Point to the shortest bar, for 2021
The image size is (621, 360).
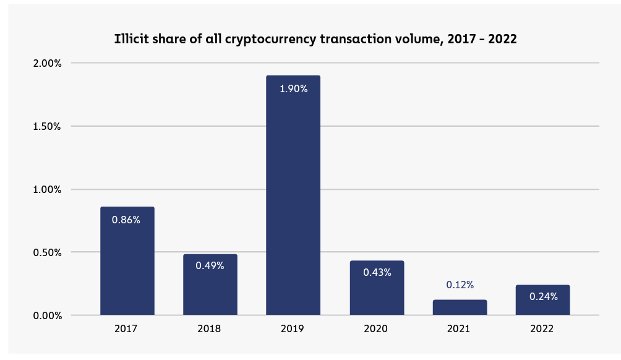pyautogui.click(x=460, y=307)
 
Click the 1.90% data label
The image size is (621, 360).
pyautogui.click(x=293, y=88)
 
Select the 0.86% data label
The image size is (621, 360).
pyautogui.click(x=126, y=220)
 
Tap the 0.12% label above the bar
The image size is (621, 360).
pyautogui.click(x=460, y=285)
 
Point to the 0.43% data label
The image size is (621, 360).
pyautogui.click(x=377, y=272)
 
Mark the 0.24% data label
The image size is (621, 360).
pyautogui.click(x=543, y=296)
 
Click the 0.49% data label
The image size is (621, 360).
pyautogui.click(x=210, y=265)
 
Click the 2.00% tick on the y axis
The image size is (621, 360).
pyautogui.click(x=48, y=63)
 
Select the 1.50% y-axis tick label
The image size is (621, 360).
pyautogui.click(x=48, y=126)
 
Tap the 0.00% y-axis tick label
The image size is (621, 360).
pyautogui.click(x=48, y=315)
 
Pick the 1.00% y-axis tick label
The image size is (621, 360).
pyautogui.click(x=48, y=189)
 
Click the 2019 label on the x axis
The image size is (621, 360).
pyautogui.click(x=293, y=329)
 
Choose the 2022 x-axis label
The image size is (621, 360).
pyautogui.click(x=542, y=329)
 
